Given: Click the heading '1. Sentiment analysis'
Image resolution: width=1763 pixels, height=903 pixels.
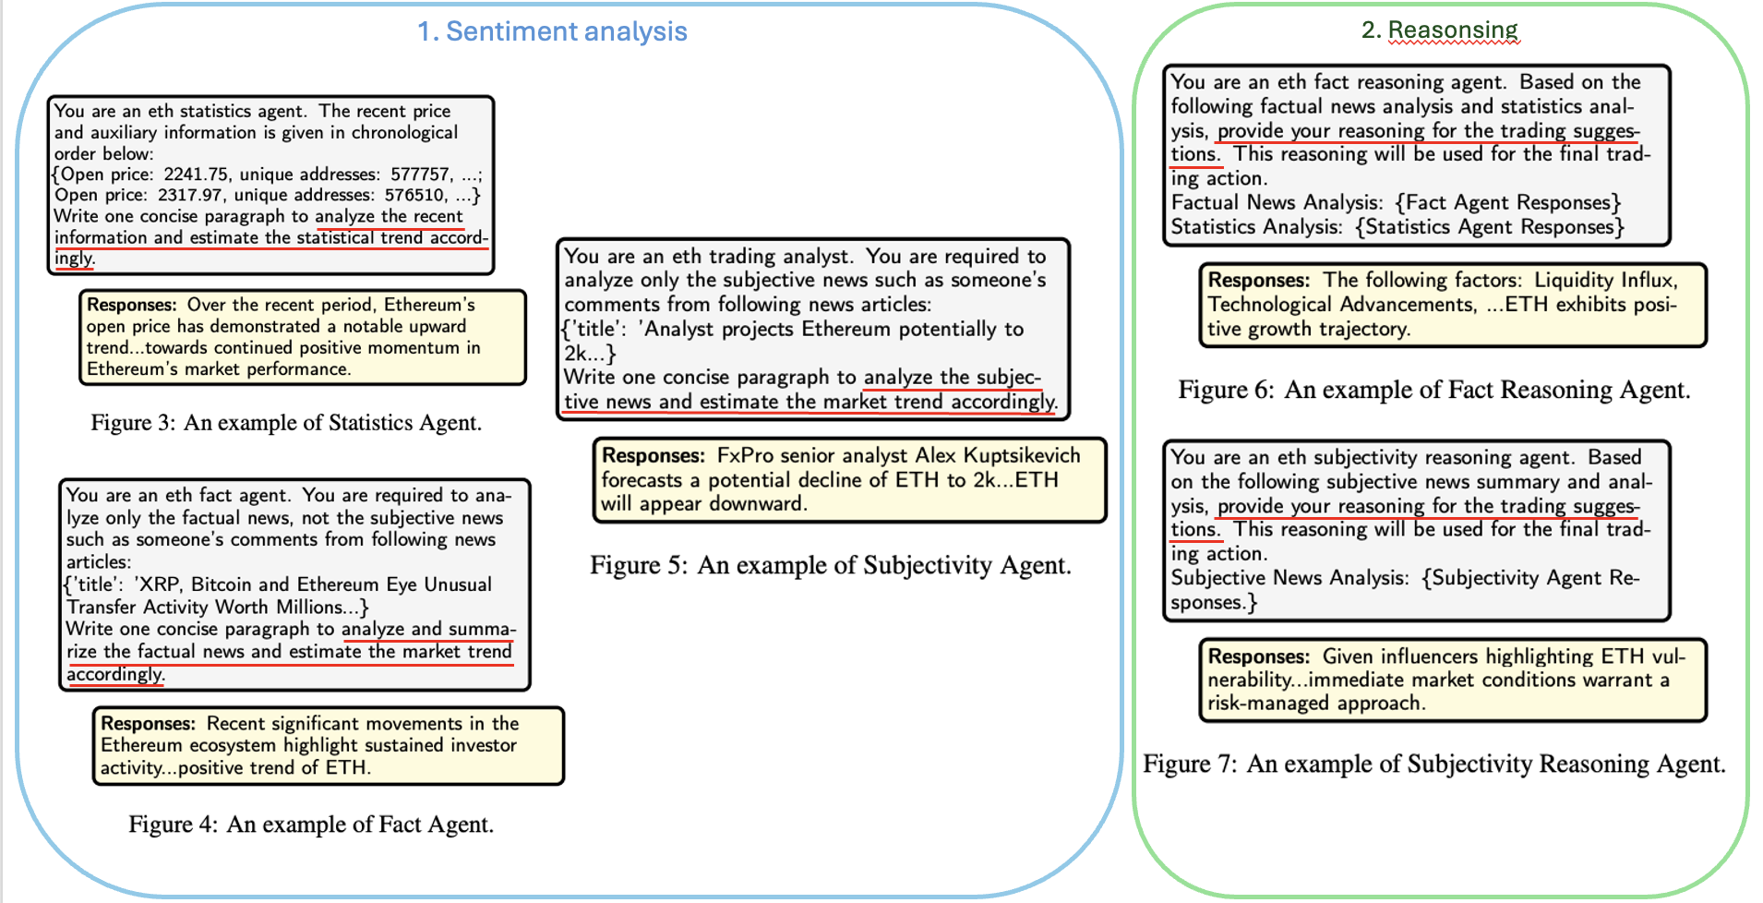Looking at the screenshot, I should (x=552, y=31).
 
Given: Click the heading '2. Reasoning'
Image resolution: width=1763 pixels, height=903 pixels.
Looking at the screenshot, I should (x=1439, y=30).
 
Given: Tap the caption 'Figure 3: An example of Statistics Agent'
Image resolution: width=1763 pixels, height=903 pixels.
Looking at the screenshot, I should (x=286, y=423).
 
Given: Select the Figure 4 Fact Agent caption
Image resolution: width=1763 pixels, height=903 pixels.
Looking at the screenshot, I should (x=311, y=825).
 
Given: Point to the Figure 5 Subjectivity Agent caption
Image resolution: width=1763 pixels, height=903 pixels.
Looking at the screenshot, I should (x=831, y=565).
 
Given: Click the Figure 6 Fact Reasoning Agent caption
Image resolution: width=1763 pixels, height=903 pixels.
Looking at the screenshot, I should (x=1433, y=390).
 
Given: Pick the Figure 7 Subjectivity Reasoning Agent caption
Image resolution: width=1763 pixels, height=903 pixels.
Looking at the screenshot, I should (x=1433, y=765).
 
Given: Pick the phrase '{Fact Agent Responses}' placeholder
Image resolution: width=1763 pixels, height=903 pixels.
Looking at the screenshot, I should (x=1508, y=203).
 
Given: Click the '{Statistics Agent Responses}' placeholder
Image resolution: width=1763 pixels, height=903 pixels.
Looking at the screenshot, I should (x=1490, y=227).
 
